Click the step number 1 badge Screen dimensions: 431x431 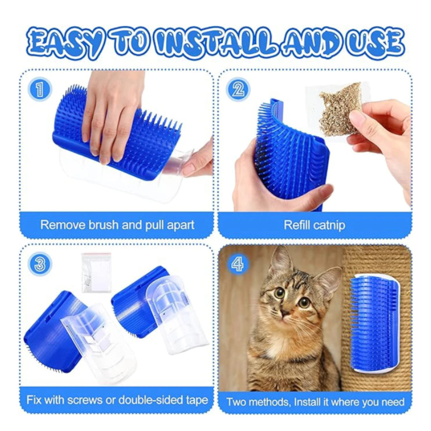(39, 89)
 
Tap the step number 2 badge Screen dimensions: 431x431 (238, 89)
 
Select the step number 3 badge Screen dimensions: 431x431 (39, 263)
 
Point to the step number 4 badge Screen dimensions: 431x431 (238, 263)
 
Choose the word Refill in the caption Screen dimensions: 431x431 (297, 225)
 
